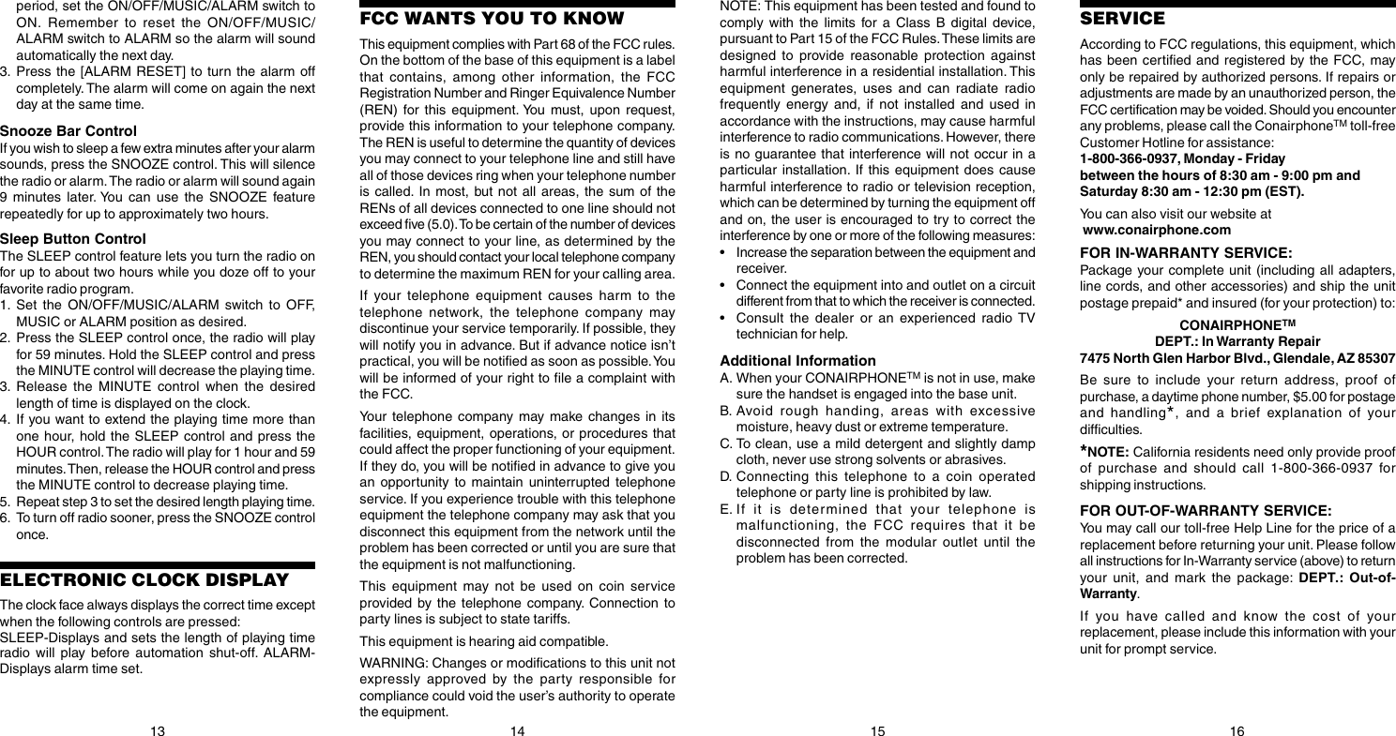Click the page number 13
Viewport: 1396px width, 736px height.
[x=158, y=730]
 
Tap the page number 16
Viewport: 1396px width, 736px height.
[x=1237, y=730]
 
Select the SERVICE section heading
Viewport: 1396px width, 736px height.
[x=1122, y=19]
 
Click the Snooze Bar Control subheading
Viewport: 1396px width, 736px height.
[x=68, y=130]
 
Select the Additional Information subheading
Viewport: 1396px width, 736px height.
[x=797, y=361]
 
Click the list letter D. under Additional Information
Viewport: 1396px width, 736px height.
[x=725, y=476]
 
